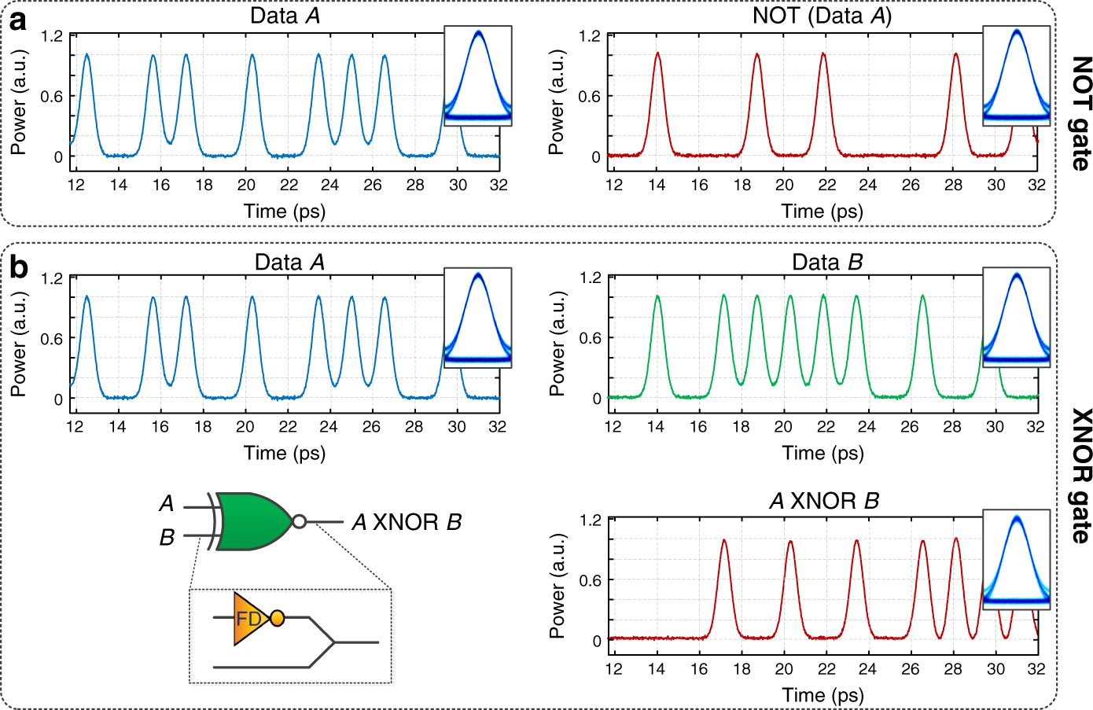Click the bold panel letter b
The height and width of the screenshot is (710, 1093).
coord(18,268)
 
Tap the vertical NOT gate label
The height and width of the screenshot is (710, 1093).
coord(1080,113)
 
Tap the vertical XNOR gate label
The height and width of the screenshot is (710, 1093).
coord(1080,476)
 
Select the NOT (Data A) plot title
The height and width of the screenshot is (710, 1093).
coord(822,15)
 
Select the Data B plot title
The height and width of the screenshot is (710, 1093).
coord(826,262)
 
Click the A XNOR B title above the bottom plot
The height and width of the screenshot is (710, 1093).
coord(823,501)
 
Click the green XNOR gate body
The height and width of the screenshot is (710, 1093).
coord(251,521)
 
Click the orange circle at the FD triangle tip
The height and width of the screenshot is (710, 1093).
coord(277,619)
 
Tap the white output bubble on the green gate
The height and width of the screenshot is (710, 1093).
coord(299,521)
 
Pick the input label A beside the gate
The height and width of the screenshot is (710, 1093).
coord(167,503)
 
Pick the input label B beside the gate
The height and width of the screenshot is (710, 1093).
coord(167,538)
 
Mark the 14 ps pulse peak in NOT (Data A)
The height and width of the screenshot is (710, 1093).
coord(657,53)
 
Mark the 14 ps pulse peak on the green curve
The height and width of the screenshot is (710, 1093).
coord(657,296)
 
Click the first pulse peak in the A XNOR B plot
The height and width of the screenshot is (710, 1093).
coord(723,540)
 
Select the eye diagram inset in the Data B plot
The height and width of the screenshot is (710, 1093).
coord(1016,318)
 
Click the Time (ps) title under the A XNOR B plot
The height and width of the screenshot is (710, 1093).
coord(823,694)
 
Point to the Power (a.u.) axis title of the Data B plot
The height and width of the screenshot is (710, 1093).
coord(557,343)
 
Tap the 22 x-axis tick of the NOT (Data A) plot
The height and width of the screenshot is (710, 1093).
coord(826,185)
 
